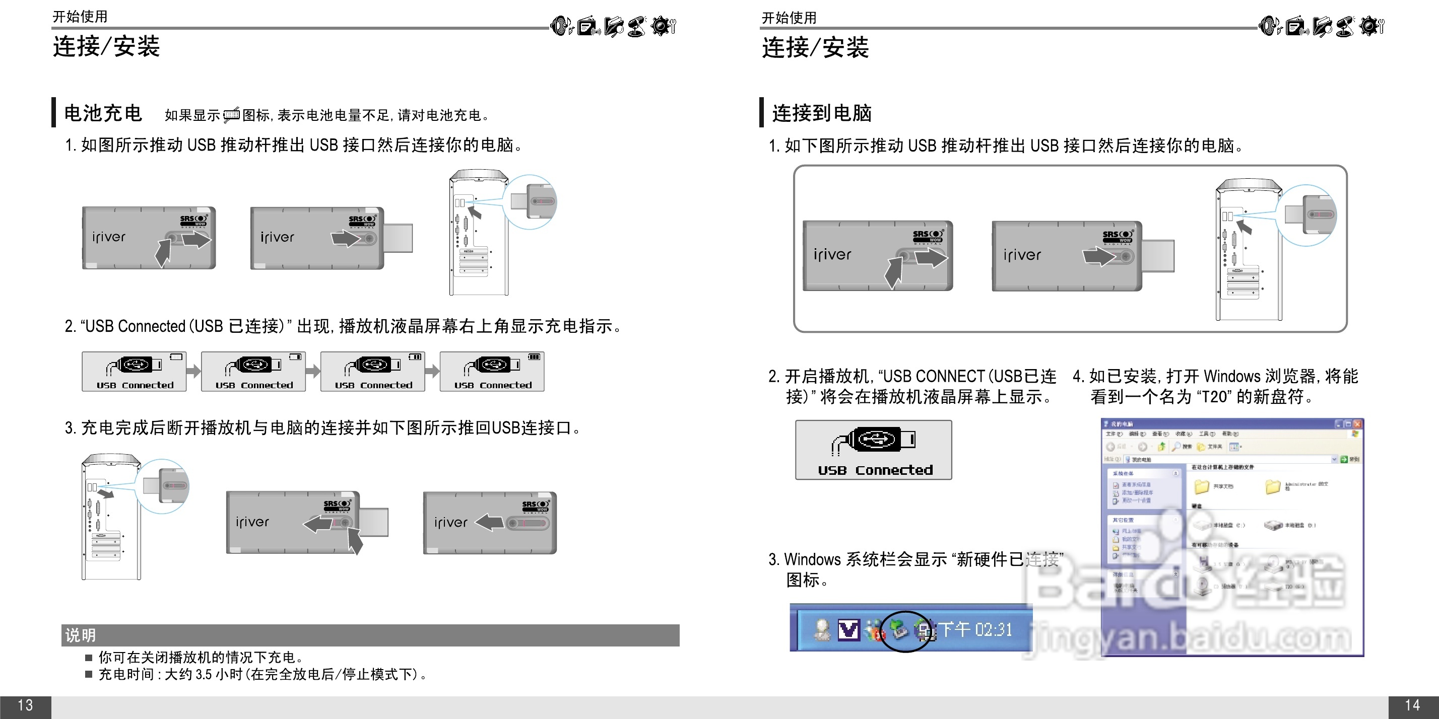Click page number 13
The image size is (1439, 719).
click(25, 705)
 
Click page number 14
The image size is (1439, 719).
click(1412, 705)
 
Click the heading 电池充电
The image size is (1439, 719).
click(103, 113)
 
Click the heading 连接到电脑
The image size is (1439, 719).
click(821, 113)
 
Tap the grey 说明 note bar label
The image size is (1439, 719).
click(81, 635)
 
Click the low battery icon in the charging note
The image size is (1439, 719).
click(231, 115)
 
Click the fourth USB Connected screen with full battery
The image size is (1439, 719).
click(492, 372)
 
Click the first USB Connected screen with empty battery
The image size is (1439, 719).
click(134, 372)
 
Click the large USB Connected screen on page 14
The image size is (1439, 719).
click(873, 450)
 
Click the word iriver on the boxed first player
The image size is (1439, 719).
click(832, 255)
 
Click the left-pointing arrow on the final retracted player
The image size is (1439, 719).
click(489, 523)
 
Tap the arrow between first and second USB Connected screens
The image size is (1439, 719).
click(193, 371)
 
